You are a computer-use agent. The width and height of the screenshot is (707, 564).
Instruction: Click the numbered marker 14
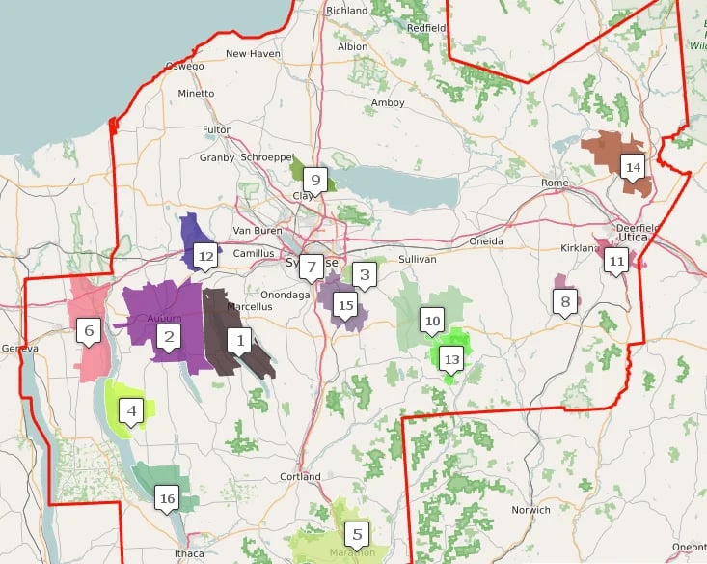633,167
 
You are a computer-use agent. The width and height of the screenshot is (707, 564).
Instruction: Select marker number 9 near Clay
313,180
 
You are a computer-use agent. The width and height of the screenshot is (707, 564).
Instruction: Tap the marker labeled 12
204,256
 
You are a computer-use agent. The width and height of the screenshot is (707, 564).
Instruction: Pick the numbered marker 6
89,332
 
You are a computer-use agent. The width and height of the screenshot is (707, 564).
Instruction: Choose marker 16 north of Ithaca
168,499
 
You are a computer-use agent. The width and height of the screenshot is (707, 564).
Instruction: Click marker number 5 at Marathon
357,533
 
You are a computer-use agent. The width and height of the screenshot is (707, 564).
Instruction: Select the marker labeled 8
566,301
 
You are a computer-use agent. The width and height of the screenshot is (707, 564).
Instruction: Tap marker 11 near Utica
616,260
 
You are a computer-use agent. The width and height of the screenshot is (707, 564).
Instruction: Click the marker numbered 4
132,410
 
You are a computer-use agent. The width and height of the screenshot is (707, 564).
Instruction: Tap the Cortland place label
300,477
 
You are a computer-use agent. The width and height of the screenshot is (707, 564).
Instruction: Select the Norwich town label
531,509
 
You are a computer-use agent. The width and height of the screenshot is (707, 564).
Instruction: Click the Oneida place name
486,240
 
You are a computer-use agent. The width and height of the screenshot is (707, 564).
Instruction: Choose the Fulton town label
217,129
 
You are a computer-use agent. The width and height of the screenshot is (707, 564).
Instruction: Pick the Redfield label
426,28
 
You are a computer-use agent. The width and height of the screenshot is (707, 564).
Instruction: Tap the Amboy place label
388,102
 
